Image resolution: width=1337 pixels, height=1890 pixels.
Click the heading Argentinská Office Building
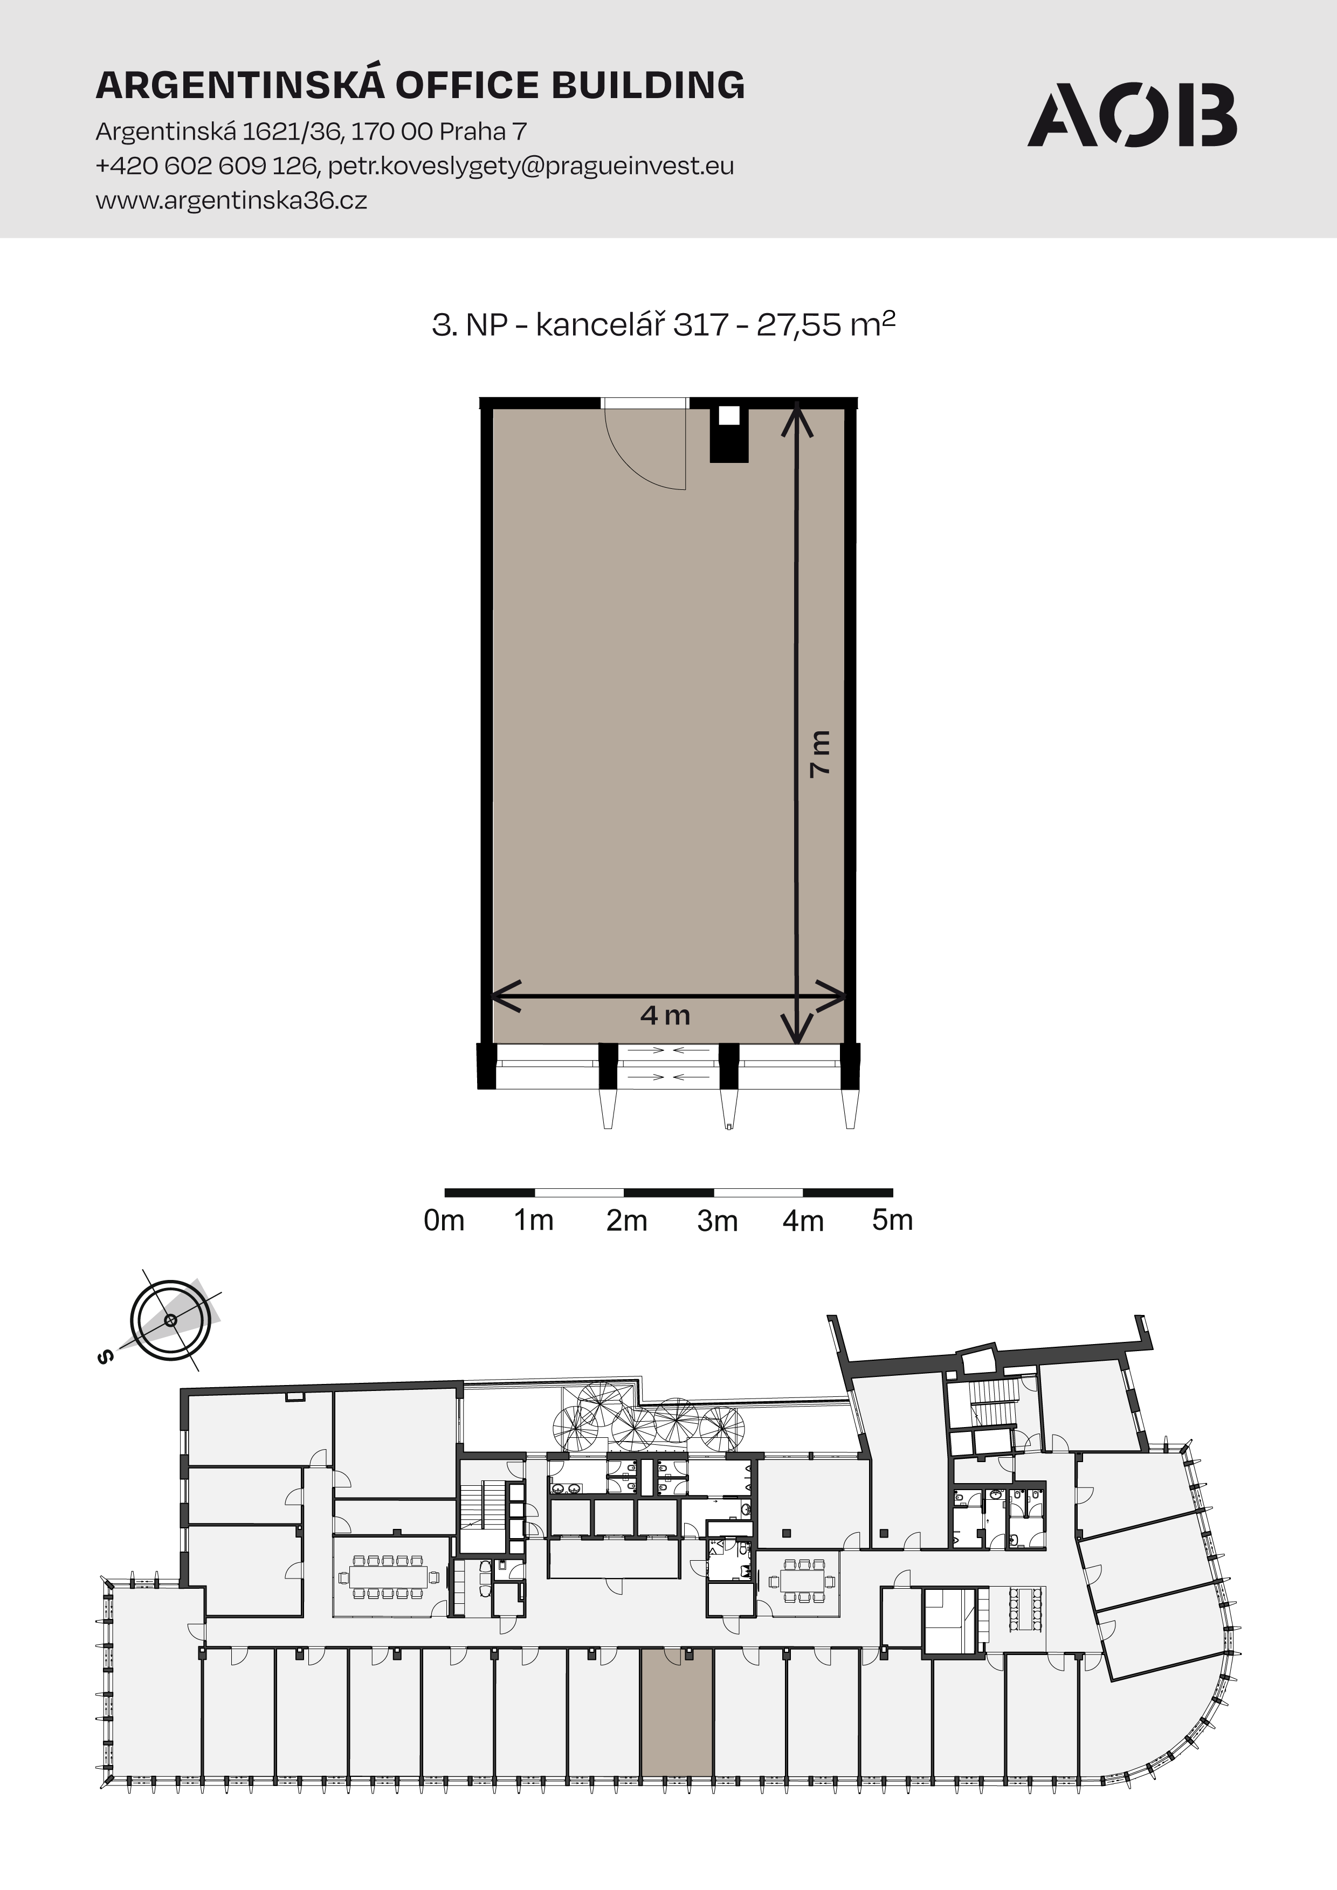420,85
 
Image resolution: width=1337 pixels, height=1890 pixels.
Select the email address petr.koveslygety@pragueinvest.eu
531,167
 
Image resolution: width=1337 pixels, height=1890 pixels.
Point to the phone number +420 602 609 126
206,167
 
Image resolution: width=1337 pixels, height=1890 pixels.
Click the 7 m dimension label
820,753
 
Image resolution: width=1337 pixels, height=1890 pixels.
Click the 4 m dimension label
665,1015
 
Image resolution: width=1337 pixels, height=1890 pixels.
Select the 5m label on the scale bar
892,1220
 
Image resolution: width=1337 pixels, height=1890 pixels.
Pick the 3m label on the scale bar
717,1221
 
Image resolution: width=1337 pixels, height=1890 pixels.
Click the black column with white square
729,434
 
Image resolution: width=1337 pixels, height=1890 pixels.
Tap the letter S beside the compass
105,1358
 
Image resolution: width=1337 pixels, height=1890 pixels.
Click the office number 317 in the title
701,325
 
